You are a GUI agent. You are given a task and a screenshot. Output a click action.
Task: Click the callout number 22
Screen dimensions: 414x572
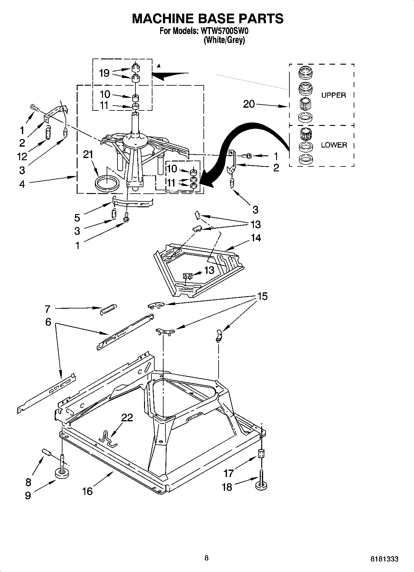(127, 418)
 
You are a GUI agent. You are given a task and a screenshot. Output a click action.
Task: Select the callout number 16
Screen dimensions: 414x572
(87, 491)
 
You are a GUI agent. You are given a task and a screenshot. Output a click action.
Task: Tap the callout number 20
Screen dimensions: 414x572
(249, 104)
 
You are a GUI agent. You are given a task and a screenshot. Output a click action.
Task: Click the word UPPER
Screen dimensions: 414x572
(333, 95)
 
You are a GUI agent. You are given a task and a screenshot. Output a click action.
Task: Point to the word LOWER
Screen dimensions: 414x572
(334, 145)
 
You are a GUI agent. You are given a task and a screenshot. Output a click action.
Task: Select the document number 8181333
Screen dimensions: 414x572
(384, 559)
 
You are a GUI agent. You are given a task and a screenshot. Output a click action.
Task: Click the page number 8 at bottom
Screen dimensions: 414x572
(207, 558)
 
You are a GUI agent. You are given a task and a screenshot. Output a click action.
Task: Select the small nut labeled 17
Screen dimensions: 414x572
(262, 454)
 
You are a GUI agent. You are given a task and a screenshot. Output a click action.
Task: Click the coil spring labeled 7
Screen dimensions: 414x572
(109, 309)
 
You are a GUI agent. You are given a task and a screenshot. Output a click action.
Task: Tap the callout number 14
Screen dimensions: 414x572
(256, 238)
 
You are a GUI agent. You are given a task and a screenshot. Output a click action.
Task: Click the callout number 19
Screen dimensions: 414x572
(104, 73)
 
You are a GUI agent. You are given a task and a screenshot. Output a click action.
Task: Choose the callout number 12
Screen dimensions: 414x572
(22, 157)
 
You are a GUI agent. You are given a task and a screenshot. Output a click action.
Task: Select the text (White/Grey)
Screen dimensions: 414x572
(224, 40)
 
